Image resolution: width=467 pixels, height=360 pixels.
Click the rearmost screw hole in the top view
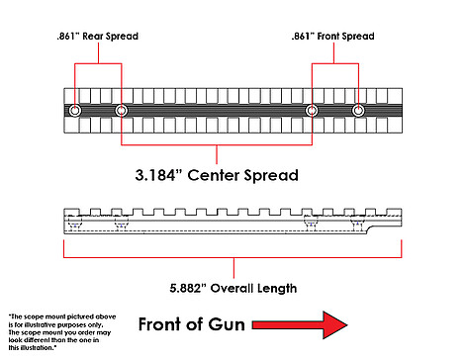click(x=75, y=111)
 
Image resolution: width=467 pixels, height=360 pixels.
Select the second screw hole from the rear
click(x=122, y=111)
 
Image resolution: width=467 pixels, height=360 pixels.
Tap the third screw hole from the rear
click(x=312, y=111)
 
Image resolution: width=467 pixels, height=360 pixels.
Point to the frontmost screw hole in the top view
click(x=358, y=111)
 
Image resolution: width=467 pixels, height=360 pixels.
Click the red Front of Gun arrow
click(x=300, y=325)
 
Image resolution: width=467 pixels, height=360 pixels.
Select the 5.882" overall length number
click(x=187, y=288)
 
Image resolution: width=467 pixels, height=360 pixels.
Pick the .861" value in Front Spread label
click(x=303, y=36)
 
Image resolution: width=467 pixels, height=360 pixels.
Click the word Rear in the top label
click(x=93, y=36)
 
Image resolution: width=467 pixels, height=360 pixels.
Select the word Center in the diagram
click(x=214, y=175)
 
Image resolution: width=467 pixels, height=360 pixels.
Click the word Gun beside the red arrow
click(x=227, y=324)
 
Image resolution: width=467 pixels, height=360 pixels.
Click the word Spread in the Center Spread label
click(x=271, y=176)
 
